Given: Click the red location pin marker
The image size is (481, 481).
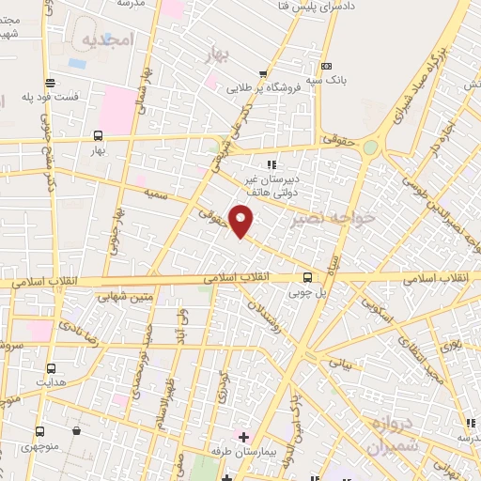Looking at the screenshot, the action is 241,220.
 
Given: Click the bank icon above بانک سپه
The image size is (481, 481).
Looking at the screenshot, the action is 326,66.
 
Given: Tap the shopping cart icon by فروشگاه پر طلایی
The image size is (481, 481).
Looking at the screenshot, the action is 264,74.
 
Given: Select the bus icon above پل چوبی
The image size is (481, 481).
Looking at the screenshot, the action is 307,276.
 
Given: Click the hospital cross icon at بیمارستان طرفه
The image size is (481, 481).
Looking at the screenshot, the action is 243,437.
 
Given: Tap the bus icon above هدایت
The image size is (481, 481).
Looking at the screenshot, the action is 50,368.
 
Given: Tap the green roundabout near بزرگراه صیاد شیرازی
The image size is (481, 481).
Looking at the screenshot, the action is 371,147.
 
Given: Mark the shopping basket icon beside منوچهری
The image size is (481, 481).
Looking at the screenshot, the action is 76,431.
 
